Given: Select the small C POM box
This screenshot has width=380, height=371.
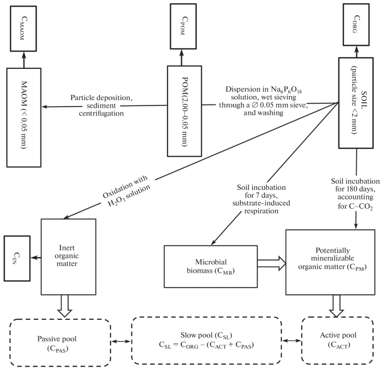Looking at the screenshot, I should coord(183,22).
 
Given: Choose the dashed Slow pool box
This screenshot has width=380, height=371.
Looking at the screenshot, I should coord(209,340).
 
